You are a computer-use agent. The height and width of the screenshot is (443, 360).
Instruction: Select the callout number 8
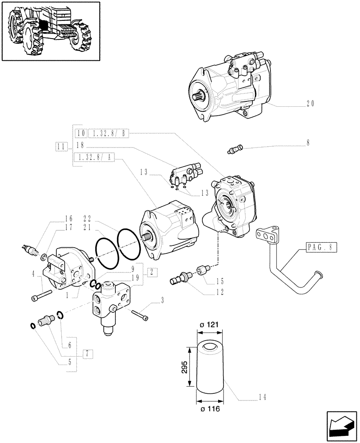(308, 143)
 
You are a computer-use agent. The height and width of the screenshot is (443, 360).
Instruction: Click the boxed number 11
(61, 146)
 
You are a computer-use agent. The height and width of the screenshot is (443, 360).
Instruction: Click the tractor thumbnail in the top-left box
(51, 31)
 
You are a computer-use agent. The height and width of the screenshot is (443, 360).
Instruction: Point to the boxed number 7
(88, 354)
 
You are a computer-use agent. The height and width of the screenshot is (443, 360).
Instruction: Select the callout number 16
(68, 219)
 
